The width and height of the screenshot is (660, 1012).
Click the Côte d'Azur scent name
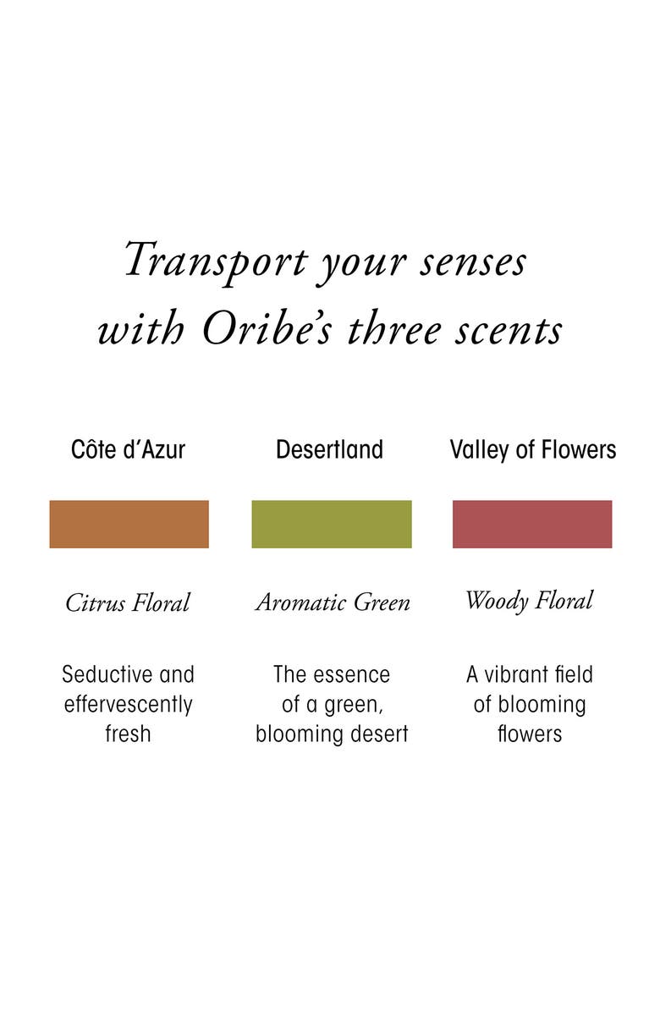(x=129, y=449)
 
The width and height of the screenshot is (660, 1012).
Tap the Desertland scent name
(x=330, y=449)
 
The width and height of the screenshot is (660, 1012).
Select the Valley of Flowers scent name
(x=532, y=449)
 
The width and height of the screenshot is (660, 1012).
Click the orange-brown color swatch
(x=129, y=524)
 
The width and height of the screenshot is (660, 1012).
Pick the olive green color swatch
(x=331, y=524)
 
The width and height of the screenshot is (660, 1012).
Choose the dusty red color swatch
(x=532, y=524)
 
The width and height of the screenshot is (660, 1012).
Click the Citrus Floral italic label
(x=128, y=602)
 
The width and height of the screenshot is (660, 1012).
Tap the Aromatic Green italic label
(x=333, y=602)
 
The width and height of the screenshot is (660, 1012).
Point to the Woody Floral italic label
(x=529, y=601)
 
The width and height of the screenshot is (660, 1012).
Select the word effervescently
(x=129, y=704)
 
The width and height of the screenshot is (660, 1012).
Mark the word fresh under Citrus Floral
(x=128, y=734)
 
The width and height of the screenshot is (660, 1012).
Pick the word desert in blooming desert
(x=379, y=734)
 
